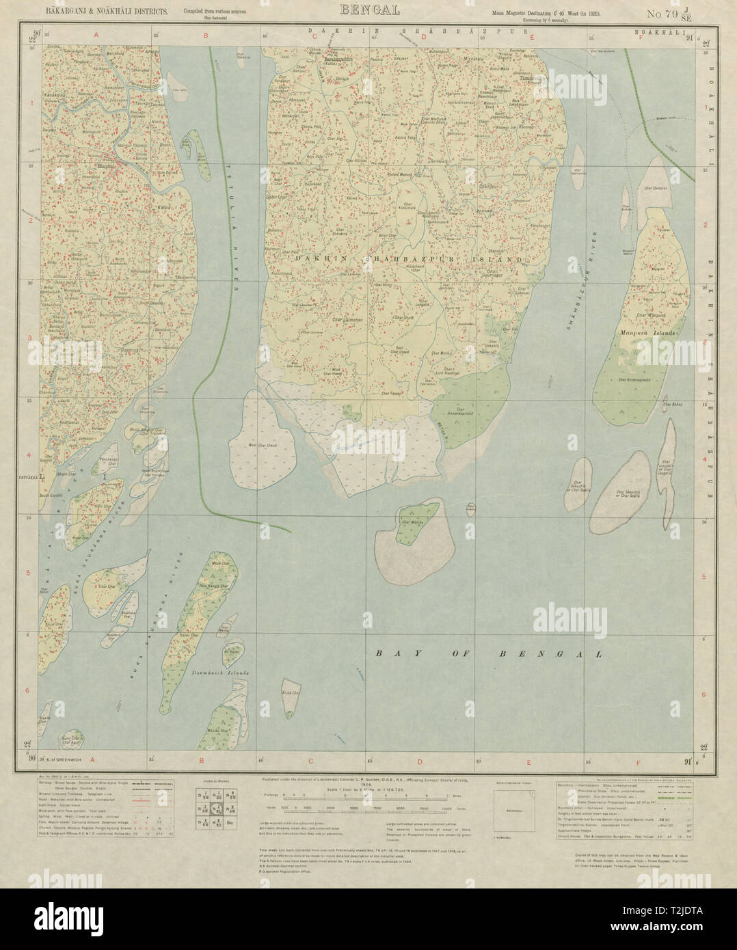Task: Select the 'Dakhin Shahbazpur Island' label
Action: point(410,260)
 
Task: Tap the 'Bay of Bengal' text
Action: point(487,654)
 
